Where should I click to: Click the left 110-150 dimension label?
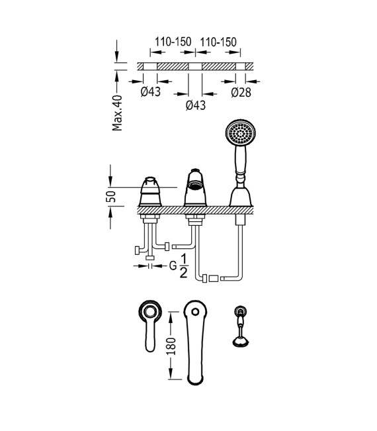click(173, 42)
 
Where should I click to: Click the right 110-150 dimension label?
click(218, 42)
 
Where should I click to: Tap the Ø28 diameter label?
click(241, 93)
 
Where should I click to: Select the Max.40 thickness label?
click(117, 113)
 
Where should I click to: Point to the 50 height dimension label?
click(111, 197)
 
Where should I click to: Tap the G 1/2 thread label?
click(178, 266)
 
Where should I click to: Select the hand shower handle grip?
click(241, 160)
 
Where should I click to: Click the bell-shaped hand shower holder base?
click(241, 197)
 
